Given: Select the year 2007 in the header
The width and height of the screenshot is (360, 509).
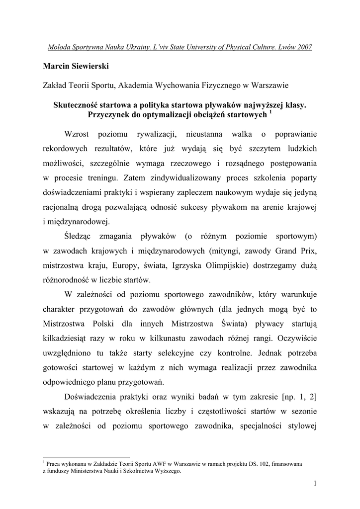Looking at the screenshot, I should [x=303, y=47].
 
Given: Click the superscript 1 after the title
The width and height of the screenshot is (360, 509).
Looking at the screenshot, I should [x=270, y=112].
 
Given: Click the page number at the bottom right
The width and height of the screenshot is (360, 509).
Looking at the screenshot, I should [x=315, y=483].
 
